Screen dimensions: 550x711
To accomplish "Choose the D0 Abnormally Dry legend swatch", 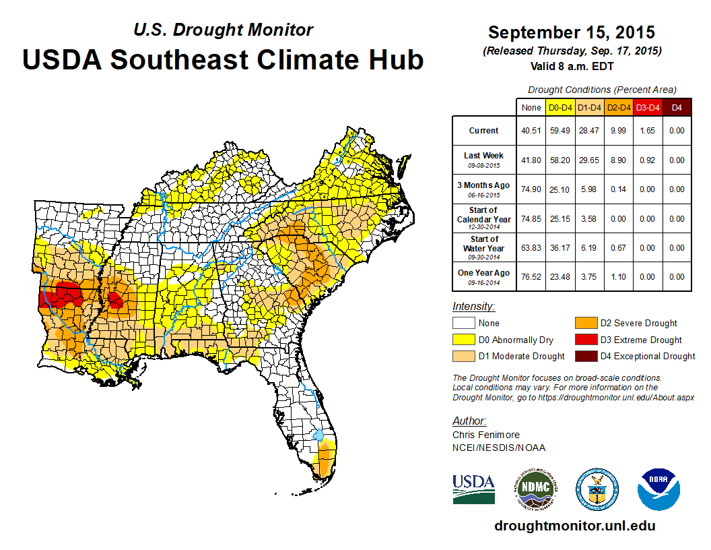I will (464, 340).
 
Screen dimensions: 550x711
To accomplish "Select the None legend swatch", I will (464, 324).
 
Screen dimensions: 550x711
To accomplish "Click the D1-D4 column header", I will (590, 107).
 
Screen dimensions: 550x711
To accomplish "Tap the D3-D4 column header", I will (648, 107).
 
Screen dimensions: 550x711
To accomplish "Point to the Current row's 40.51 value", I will (531, 131).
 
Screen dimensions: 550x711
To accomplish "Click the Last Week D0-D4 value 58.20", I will (560, 160).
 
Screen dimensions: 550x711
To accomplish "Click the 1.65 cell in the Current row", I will (648, 131).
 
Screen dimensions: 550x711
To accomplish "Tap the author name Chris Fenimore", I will (486, 435).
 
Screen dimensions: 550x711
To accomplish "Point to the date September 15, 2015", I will (572, 32).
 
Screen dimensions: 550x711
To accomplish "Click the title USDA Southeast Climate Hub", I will (223, 59).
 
